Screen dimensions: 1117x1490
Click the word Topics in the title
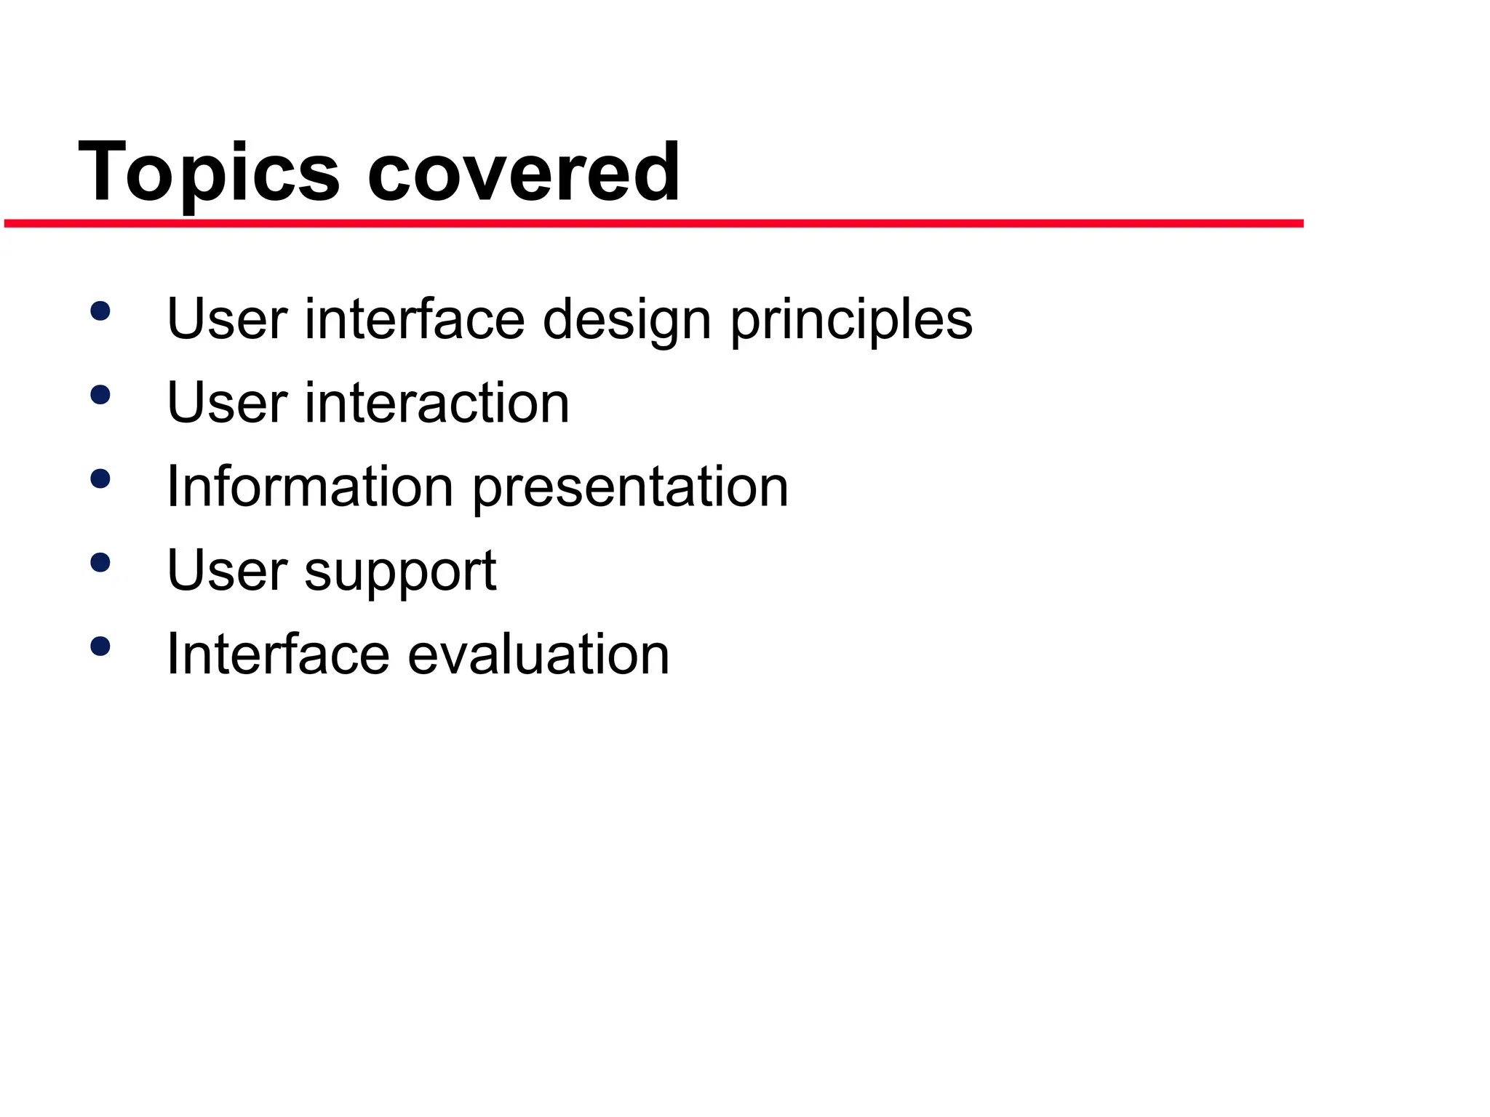(x=209, y=173)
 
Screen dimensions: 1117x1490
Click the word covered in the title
(x=524, y=173)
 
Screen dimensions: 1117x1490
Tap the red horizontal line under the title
(x=655, y=223)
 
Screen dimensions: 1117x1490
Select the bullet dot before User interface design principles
(x=100, y=311)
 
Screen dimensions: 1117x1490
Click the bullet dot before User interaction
(x=100, y=395)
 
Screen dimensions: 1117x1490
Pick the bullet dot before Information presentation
(x=100, y=479)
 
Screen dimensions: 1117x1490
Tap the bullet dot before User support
(x=100, y=562)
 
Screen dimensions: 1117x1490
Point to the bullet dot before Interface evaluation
(x=100, y=646)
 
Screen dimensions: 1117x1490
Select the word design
(x=626, y=320)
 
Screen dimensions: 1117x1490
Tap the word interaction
(x=437, y=403)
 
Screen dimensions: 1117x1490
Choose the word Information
(x=311, y=487)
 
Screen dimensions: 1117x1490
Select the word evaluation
(x=538, y=654)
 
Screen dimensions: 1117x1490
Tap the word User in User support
(x=227, y=570)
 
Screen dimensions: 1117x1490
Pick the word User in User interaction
(x=227, y=403)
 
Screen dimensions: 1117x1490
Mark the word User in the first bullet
(x=227, y=319)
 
